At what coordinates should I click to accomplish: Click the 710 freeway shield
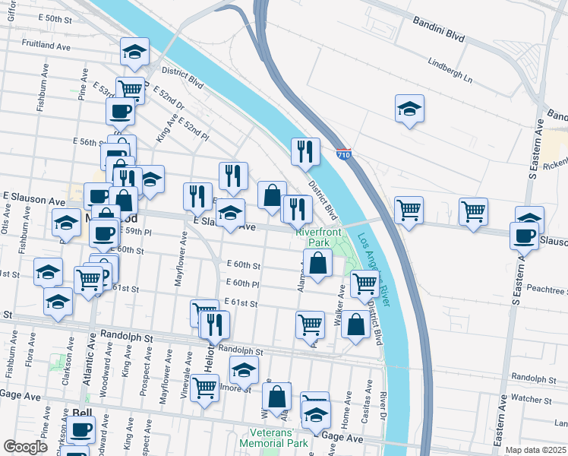pyautogui.click(x=344, y=154)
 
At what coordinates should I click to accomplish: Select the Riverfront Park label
pyautogui.click(x=320, y=236)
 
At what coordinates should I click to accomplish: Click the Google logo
pyautogui.click(x=25, y=446)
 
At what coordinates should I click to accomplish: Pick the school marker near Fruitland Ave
pyautogui.click(x=135, y=51)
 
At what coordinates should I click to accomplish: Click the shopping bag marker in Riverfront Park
pyautogui.click(x=318, y=264)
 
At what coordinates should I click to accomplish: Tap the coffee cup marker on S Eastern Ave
pyautogui.click(x=525, y=235)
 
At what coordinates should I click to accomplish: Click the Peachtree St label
pyautogui.click(x=545, y=290)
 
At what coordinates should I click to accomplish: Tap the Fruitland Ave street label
pyautogui.click(x=46, y=45)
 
